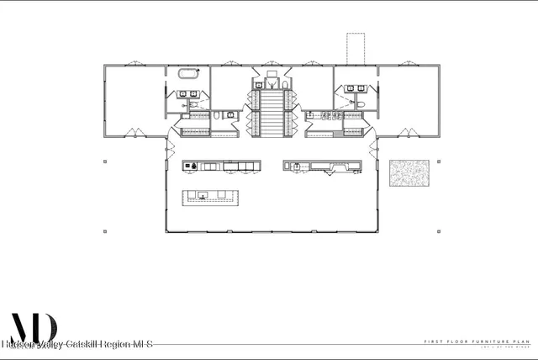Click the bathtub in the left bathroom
[187, 74]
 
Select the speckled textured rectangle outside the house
[409, 173]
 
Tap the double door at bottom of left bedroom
[132, 132]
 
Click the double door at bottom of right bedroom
[408, 132]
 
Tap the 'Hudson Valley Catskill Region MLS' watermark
[76, 344]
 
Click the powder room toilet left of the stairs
[217, 114]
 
